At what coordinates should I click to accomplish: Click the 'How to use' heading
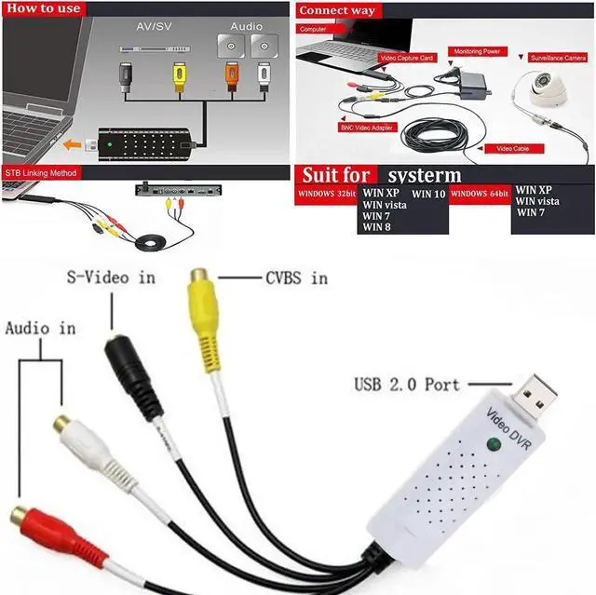coord(44,8)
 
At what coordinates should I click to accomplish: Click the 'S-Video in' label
coord(111,277)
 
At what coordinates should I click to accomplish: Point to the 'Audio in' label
coord(40,328)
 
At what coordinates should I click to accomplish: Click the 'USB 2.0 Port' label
coord(408,384)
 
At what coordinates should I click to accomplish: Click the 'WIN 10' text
coord(428,195)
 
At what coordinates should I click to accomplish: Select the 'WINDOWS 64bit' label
coord(481,193)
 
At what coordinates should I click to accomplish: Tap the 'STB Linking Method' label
coord(40,173)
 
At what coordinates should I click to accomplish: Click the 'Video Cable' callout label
coord(512,148)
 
